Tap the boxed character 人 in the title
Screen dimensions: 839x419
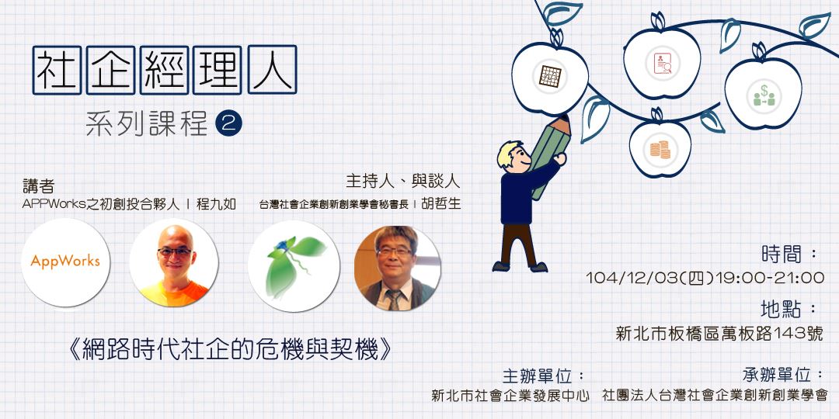pyautogui.click(x=273, y=70)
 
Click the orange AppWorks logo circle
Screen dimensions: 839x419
pyautogui.click(x=65, y=262)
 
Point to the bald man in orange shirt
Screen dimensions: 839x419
pyautogui.click(x=174, y=262)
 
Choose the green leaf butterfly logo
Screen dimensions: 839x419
pyautogui.click(x=294, y=266)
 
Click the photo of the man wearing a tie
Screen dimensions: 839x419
pyautogui.click(x=397, y=268)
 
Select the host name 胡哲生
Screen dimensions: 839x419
pyautogui.click(x=441, y=203)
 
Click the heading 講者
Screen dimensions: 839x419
pyautogui.click(x=39, y=186)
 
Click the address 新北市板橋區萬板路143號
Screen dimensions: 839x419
pyautogui.click(x=719, y=334)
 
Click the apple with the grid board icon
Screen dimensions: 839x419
pyautogui.click(x=549, y=76)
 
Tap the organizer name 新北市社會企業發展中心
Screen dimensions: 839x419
pyautogui.click(x=510, y=396)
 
